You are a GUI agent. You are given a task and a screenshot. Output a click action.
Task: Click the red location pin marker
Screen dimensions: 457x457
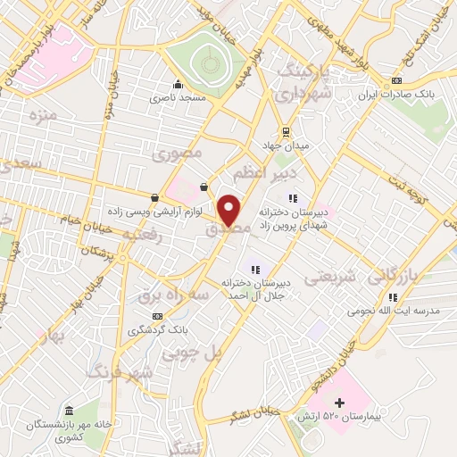[x=229, y=209]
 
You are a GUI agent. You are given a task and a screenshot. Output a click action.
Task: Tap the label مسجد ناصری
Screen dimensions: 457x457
[x=206, y=96]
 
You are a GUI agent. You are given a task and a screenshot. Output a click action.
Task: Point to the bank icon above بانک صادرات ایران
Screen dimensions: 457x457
[x=396, y=82]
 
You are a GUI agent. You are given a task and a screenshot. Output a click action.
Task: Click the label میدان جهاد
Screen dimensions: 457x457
[x=286, y=145]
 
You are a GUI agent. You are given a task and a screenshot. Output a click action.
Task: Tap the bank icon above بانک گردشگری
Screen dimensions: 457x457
[x=157, y=316]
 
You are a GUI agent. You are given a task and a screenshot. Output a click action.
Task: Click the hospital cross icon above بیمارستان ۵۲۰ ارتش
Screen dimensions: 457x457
[x=338, y=403]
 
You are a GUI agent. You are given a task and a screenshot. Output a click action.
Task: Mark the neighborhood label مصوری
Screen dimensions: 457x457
[x=178, y=154]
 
